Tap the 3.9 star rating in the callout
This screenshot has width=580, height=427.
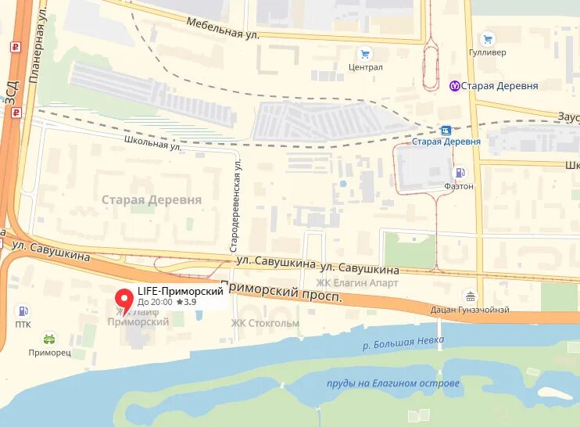point(186,301)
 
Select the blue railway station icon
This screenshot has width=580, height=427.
point(446,130)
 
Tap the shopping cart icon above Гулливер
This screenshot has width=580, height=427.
point(489,38)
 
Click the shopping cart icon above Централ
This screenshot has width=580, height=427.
point(364,53)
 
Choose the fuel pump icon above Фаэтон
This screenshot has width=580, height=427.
point(460,173)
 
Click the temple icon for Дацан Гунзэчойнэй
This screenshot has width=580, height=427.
point(470,296)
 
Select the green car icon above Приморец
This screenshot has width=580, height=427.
point(49,339)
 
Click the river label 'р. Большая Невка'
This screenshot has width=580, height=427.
point(403,341)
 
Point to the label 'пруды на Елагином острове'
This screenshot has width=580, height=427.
point(393,383)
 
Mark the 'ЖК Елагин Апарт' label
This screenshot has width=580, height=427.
point(357,282)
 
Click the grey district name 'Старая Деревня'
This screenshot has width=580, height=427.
point(152,199)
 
